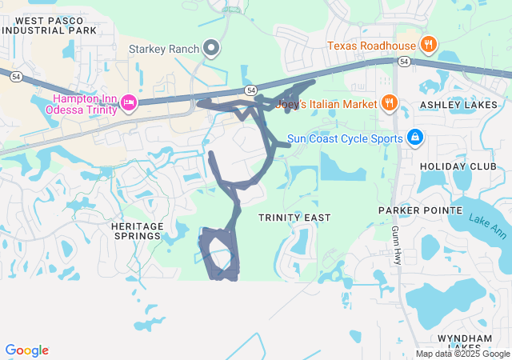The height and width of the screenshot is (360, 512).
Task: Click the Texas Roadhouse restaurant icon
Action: (428, 45)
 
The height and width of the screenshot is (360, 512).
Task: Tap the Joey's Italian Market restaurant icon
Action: (390, 102)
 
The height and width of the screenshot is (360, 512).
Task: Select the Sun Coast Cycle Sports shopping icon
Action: (415, 138)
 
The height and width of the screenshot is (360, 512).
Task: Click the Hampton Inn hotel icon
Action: (129, 103)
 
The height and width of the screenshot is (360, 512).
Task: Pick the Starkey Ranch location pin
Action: (211, 49)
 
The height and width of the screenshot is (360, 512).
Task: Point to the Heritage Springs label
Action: (138, 231)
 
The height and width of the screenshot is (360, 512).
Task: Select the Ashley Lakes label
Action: (459, 105)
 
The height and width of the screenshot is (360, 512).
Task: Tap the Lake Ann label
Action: (487, 226)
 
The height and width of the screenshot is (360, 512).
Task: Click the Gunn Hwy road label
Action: (396, 245)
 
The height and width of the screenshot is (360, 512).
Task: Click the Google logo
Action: (26, 350)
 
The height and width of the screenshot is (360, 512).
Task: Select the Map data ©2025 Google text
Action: (462, 354)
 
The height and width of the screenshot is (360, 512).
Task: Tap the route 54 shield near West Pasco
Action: (16, 76)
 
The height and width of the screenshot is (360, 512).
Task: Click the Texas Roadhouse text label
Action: (371, 45)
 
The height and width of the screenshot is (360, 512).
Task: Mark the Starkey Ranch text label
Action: (163, 49)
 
